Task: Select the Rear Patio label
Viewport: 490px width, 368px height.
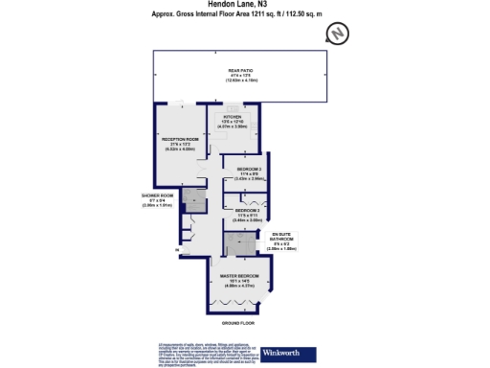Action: click(x=239, y=71)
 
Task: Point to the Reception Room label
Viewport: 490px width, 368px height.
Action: click(x=179, y=139)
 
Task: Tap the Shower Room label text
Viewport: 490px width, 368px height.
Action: click(x=153, y=195)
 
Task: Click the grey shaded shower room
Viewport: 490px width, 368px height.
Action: click(x=194, y=201)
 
